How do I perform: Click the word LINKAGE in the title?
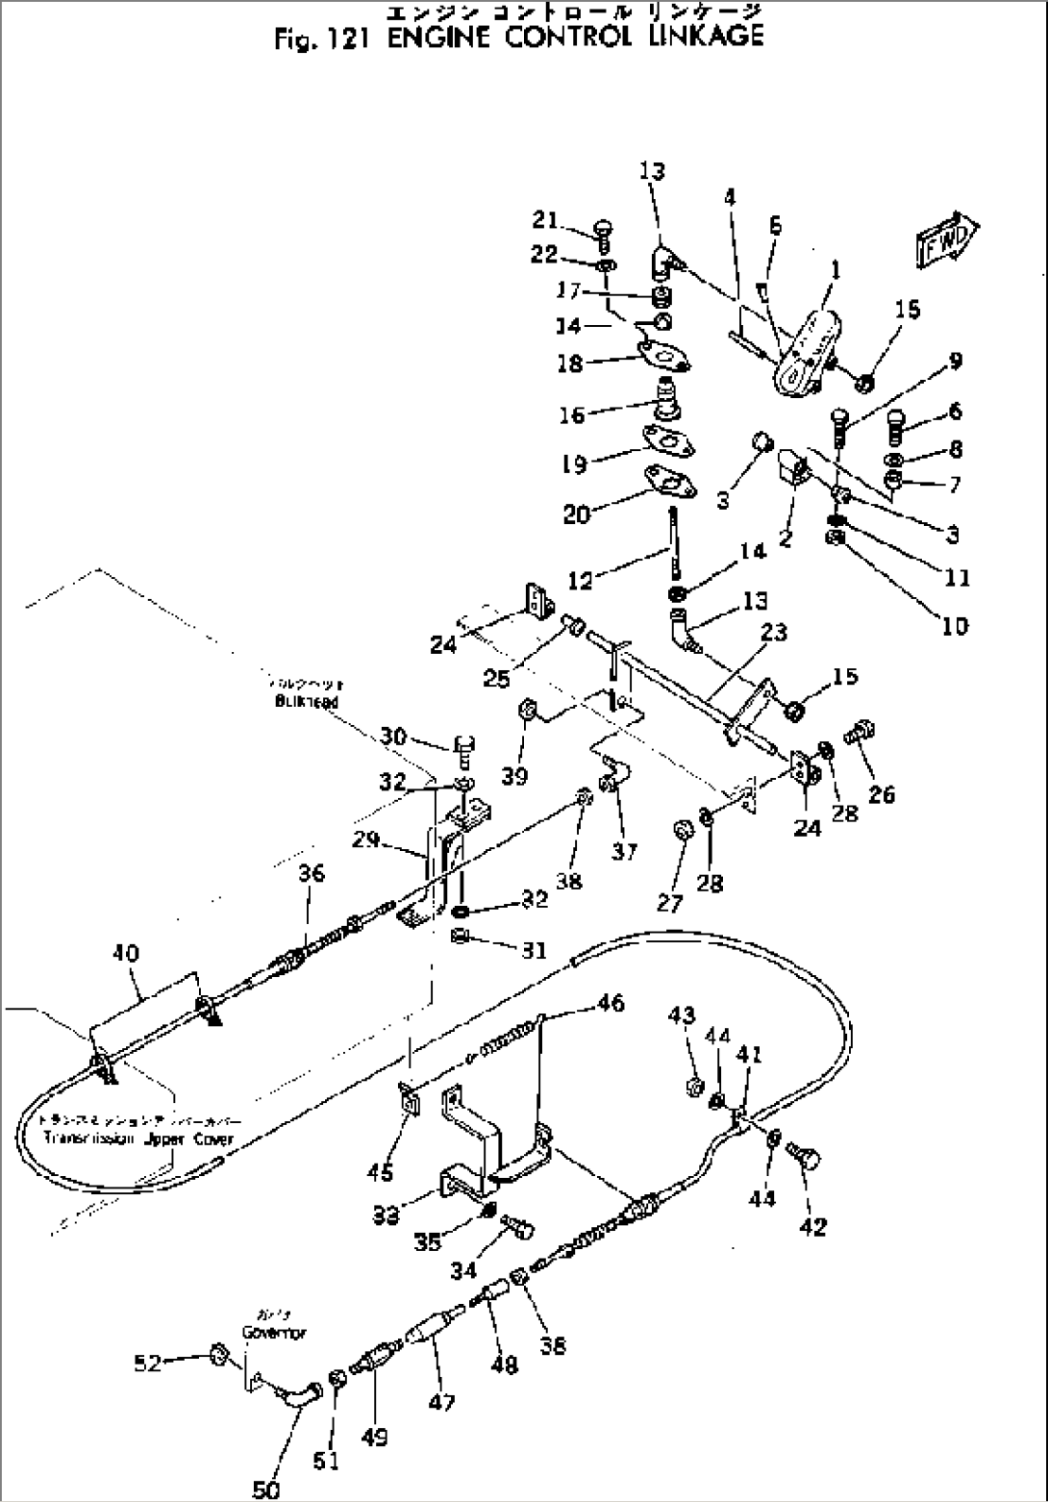coord(701,38)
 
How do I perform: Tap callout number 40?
coord(126,953)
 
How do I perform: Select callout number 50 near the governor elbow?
coord(266,1489)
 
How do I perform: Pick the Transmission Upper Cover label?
coord(137,1139)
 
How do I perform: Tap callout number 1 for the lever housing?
coord(836,271)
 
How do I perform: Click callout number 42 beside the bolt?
coord(812,1226)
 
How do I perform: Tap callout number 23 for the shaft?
coord(773,632)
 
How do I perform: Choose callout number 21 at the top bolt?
coord(545,221)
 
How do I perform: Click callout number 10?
coord(954,626)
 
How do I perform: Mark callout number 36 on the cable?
coord(311,873)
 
